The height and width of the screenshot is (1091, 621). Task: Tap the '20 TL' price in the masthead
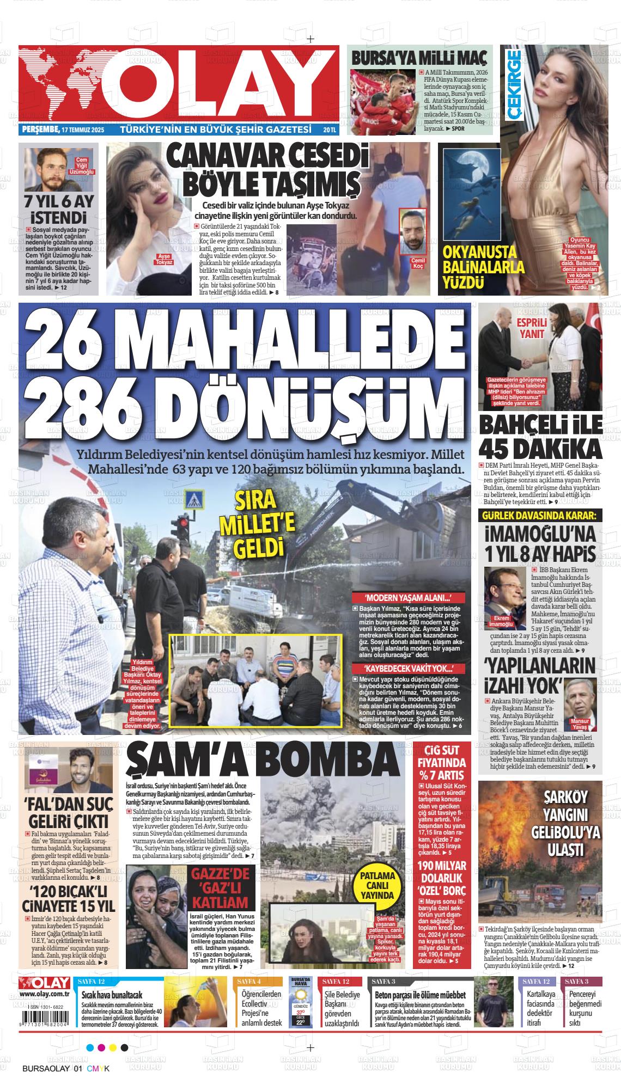330,130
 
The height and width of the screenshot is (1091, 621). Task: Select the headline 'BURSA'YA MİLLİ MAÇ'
419,58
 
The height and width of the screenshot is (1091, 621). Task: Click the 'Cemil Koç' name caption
418,263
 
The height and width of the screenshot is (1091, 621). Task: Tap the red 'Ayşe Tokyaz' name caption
164,259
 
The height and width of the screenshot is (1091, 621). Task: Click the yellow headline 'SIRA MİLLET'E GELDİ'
265,524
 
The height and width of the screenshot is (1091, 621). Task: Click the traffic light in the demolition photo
178,527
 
